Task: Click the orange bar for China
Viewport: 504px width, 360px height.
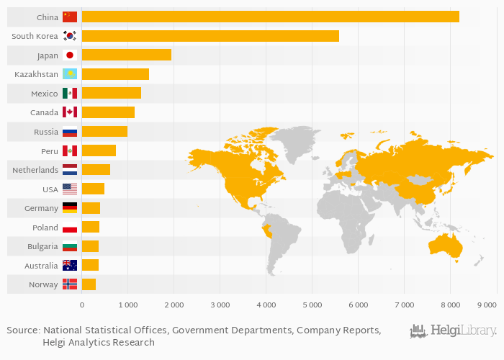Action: coord(270,17)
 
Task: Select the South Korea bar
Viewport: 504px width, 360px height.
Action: coord(210,36)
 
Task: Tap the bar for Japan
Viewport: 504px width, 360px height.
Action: coord(126,55)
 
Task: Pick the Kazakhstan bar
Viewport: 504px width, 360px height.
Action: coord(115,73)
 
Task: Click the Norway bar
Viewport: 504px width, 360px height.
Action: coord(89,284)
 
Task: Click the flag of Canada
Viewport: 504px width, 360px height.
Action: coord(70,112)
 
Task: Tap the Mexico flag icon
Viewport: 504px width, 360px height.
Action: coord(70,94)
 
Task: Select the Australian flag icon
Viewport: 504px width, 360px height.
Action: coord(70,266)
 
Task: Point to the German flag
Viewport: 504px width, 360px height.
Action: coord(70,208)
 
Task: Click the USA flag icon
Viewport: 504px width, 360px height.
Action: coord(70,189)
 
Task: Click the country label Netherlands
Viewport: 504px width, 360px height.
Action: coord(35,170)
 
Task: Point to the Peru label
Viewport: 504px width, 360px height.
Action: coord(50,151)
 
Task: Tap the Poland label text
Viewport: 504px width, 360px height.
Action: coord(45,228)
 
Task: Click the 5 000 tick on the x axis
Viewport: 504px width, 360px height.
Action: coord(312,306)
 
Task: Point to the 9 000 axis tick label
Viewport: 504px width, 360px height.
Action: coord(487,306)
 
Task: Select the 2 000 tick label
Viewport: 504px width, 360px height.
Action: coord(174,306)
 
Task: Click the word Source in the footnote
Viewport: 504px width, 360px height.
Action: coord(22,330)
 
